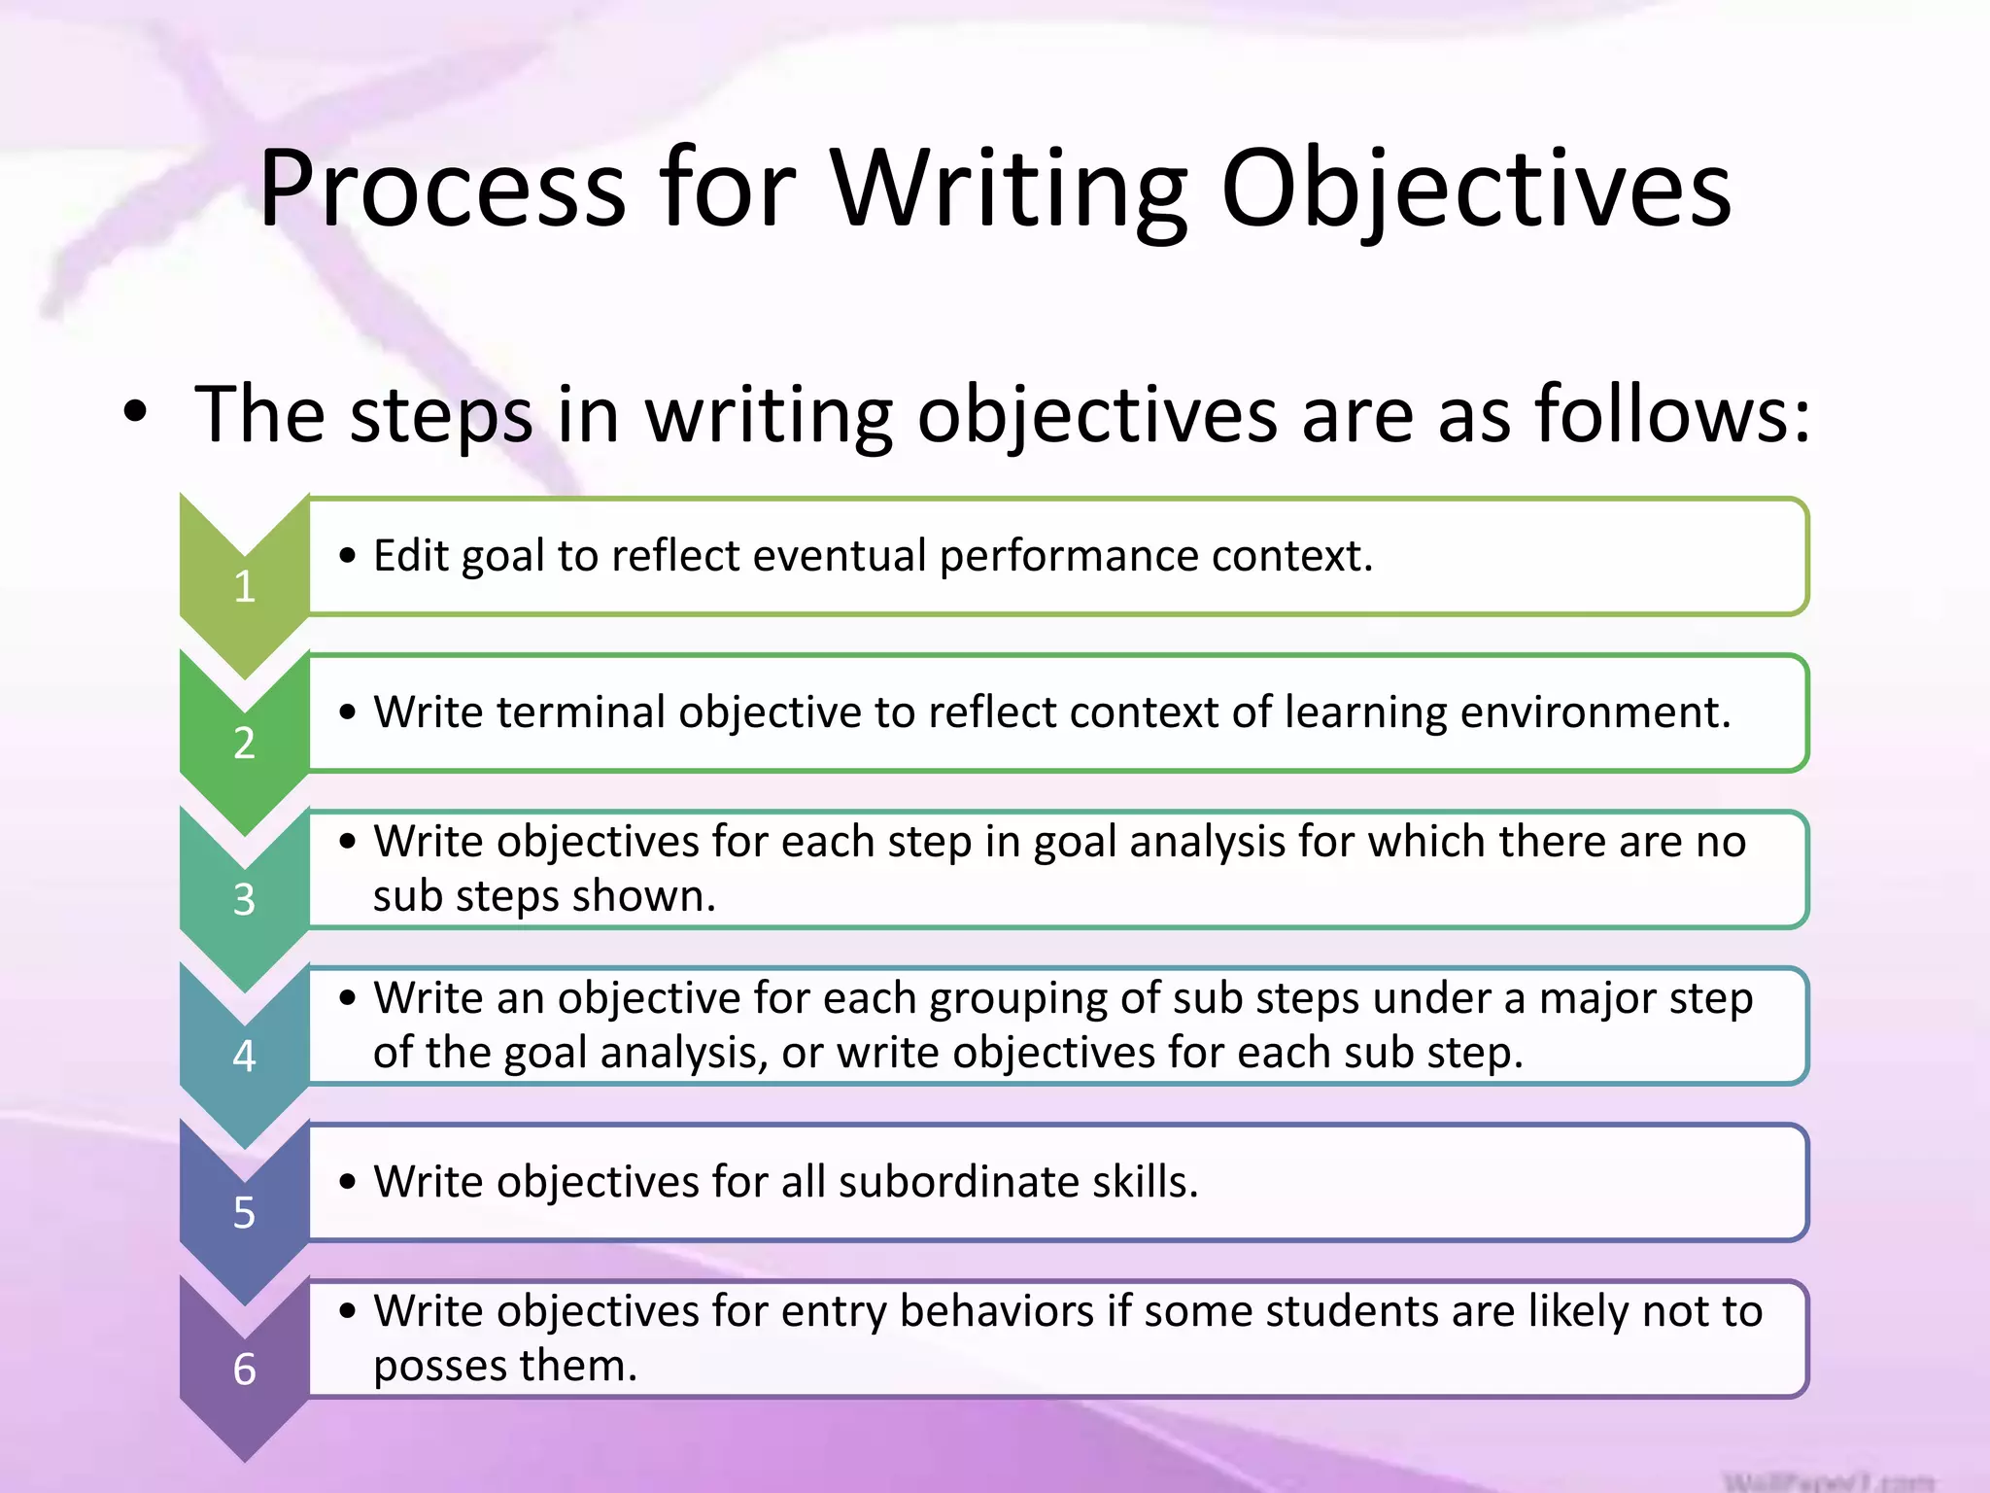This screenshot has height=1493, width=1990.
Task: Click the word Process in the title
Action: pos(442,190)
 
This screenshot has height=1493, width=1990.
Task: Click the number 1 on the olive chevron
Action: pos(244,587)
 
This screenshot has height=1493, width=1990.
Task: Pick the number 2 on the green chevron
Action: pos(244,744)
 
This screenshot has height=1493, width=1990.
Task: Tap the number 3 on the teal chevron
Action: pos(244,900)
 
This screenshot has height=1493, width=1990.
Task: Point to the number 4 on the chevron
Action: pos(244,1057)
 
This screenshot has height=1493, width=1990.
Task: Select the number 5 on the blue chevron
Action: pos(244,1213)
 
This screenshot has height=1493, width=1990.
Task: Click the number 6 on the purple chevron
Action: pos(244,1370)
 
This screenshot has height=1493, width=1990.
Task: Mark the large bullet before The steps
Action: pos(136,412)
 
